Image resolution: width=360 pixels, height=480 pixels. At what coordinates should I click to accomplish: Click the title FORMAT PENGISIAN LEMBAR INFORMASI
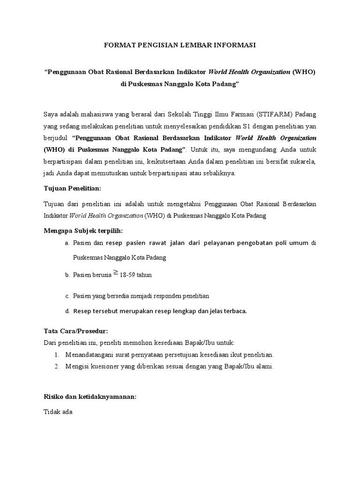pos(180,45)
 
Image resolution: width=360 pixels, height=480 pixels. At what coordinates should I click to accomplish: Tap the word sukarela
pos(303,161)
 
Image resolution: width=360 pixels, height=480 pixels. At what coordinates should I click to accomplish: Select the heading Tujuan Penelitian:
pos(72,188)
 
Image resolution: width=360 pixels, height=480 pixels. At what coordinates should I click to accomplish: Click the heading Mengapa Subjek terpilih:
pos(83,231)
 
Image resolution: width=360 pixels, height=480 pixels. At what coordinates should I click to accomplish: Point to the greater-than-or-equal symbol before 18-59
pos(115,273)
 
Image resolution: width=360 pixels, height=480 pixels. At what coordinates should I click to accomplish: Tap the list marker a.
pos(67,243)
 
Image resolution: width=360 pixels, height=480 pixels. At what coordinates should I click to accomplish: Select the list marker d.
pos(67,311)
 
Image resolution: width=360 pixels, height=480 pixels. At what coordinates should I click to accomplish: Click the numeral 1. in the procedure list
pos(57,354)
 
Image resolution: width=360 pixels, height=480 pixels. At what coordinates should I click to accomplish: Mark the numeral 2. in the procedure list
pos(57,367)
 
